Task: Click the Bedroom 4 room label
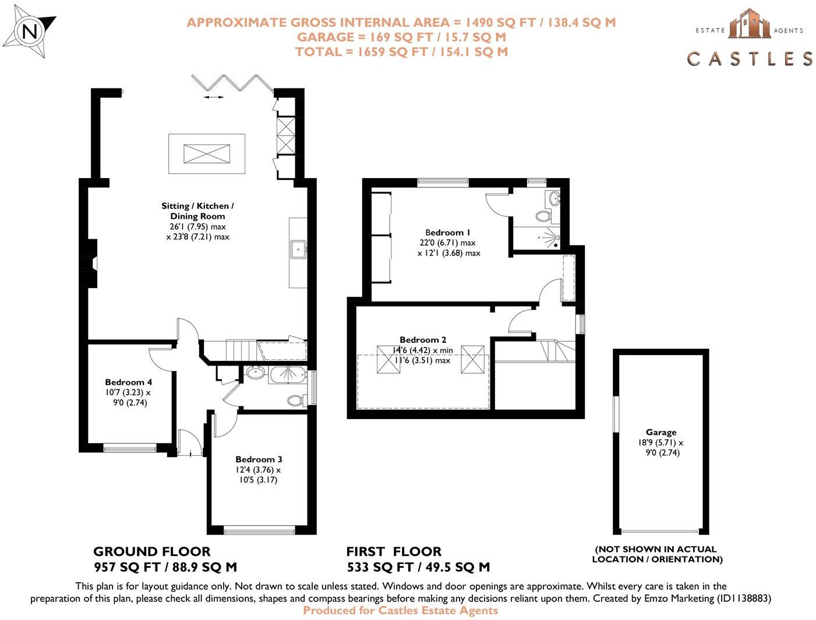click(128, 382)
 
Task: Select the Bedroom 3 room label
click(259, 459)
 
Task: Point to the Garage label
click(660, 432)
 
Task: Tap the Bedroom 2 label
click(423, 339)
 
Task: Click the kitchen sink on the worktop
click(298, 249)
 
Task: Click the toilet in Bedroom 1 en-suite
click(543, 217)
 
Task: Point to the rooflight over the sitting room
click(207, 154)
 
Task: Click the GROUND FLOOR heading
click(152, 551)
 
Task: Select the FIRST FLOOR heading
click(394, 551)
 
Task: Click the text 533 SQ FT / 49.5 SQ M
click(418, 567)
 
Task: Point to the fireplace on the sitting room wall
click(90, 264)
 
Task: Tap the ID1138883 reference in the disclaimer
click(740, 598)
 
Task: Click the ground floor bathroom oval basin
click(255, 373)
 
